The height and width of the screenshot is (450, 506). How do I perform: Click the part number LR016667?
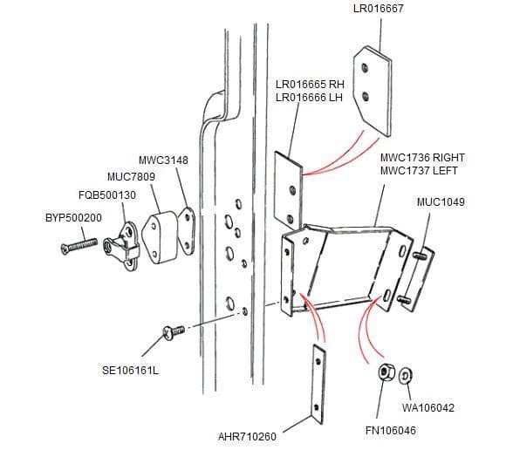[x=378, y=10]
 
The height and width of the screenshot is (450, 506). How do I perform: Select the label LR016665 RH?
[x=310, y=85]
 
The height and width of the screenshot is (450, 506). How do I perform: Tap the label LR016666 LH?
[x=309, y=98]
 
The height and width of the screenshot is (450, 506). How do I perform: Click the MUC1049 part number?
[x=441, y=202]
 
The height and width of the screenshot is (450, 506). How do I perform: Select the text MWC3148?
[x=163, y=160]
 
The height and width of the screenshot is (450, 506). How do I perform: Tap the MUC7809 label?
[x=131, y=177]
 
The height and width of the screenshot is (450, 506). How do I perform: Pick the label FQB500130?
[x=102, y=194]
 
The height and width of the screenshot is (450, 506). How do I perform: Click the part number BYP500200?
[x=73, y=217]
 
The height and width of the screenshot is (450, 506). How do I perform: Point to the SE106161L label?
[x=131, y=371]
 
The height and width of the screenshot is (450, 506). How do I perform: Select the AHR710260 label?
[x=247, y=435]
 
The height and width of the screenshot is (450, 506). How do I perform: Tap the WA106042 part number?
[x=427, y=407]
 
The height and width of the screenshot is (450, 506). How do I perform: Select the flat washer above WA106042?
[x=405, y=376]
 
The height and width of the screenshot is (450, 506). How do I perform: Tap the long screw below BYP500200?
[x=80, y=245]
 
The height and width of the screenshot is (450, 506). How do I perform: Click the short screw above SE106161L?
[x=171, y=331]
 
